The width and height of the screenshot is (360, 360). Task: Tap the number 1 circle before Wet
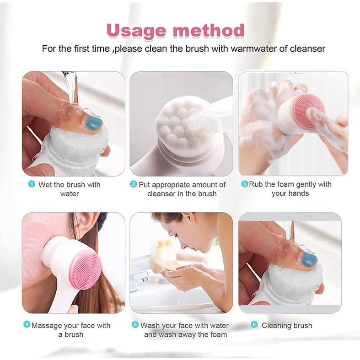click(x=32, y=184)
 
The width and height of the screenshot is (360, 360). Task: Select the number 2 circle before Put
click(x=134, y=184)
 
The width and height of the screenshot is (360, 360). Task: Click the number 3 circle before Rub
click(x=245, y=184)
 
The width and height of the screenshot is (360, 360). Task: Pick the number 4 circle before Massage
click(x=27, y=325)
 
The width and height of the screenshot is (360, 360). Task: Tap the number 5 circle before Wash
click(x=135, y=325)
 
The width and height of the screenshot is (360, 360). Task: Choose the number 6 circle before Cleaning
click(x=254, y=325)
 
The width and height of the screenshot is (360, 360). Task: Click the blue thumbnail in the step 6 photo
click(x=309, y=259)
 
